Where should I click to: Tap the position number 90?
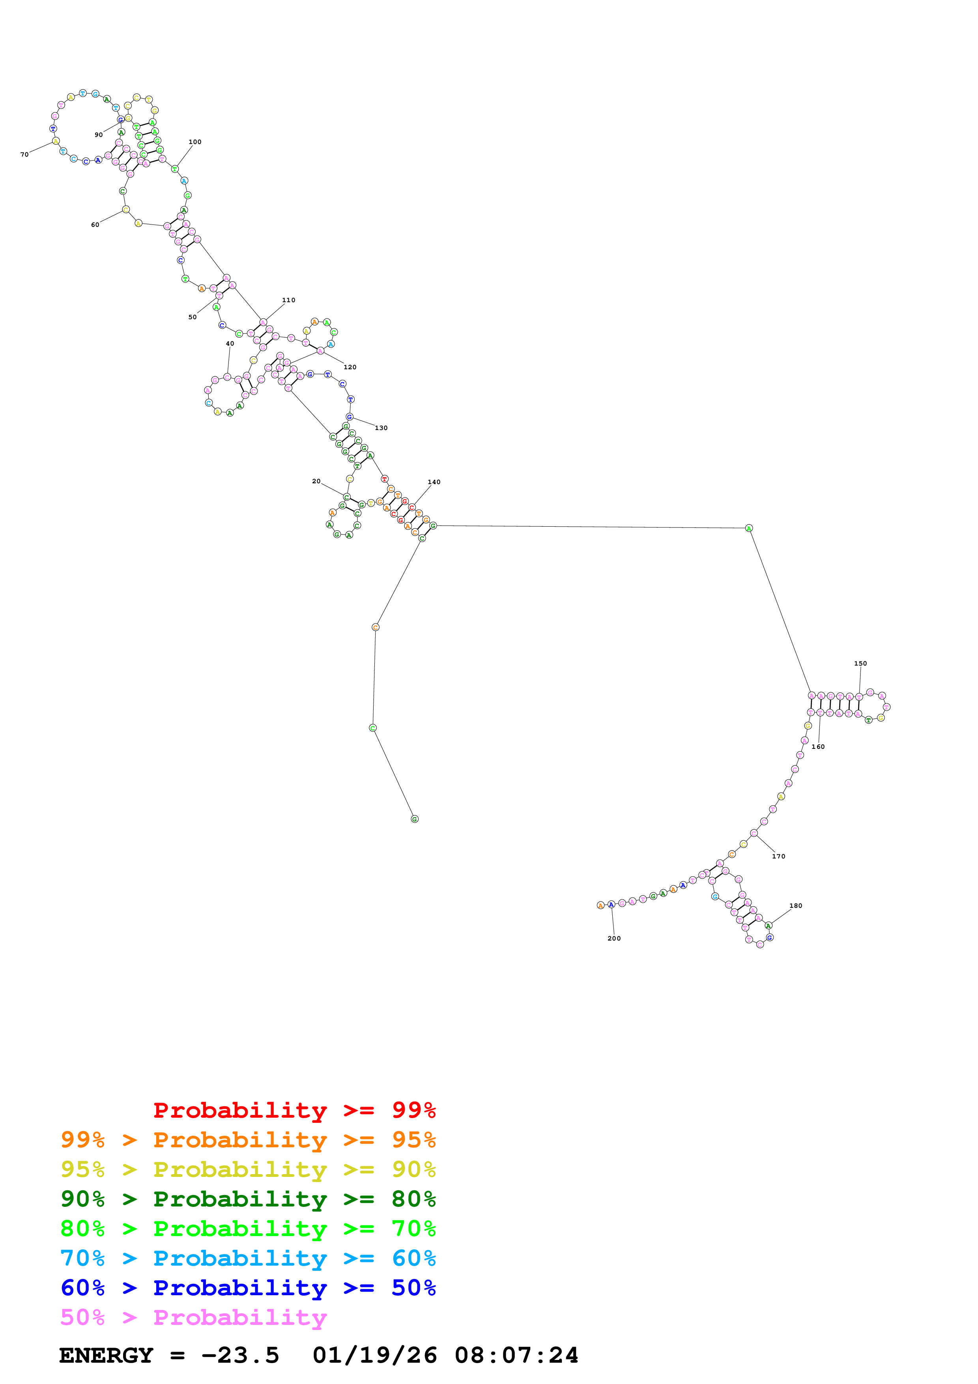(98, 135)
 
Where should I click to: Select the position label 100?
(194, 142)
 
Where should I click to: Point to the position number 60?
(95, 225)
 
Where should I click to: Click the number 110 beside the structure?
(289, 300)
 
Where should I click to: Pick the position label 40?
(230, 344)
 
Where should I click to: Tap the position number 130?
(381, 428)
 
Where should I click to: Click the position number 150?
(860, 664)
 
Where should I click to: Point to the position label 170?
(778, 857)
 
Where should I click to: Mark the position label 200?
(614, 939)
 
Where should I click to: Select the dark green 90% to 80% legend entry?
(248, 1199)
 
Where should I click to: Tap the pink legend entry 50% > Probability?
(193, 1317)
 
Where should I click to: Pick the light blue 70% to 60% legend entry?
(248, 1258)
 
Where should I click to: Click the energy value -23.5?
(240, 1356)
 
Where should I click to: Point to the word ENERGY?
(106, 1356)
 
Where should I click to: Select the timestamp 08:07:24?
(516, 1356)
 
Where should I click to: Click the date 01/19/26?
(375, 1356)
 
